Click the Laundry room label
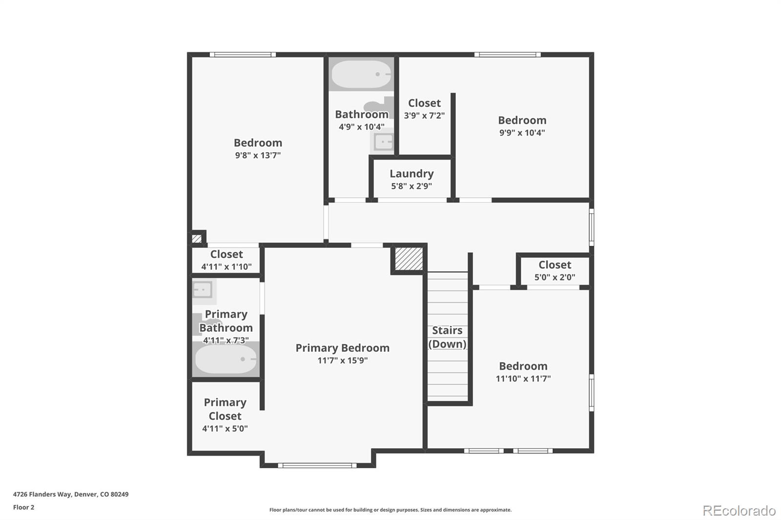click(x=411, y=174)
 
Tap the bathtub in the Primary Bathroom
click(x=226, y=359)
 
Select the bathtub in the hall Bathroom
click(x=361, y=74)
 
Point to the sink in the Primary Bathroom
click(x=203, y=290)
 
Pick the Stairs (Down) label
click(x=447, y=337)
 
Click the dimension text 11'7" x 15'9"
click(x=342, y=360)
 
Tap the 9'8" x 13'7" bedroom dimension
click(x=258, y=155)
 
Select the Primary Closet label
click(x=225, y=409)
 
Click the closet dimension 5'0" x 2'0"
click(x=555, y=277)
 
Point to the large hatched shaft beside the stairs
click(x=409, y=259)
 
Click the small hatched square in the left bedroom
click(x=197, y=239)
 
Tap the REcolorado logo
click(x=739, y=511)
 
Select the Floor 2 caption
click(x=24, y=507)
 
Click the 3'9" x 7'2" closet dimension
click(x=424, y=115)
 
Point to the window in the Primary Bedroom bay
click(x=317, y=465)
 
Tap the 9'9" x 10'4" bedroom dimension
click(x=522, y=133)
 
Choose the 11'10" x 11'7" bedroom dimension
click(x=523, y=379)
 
